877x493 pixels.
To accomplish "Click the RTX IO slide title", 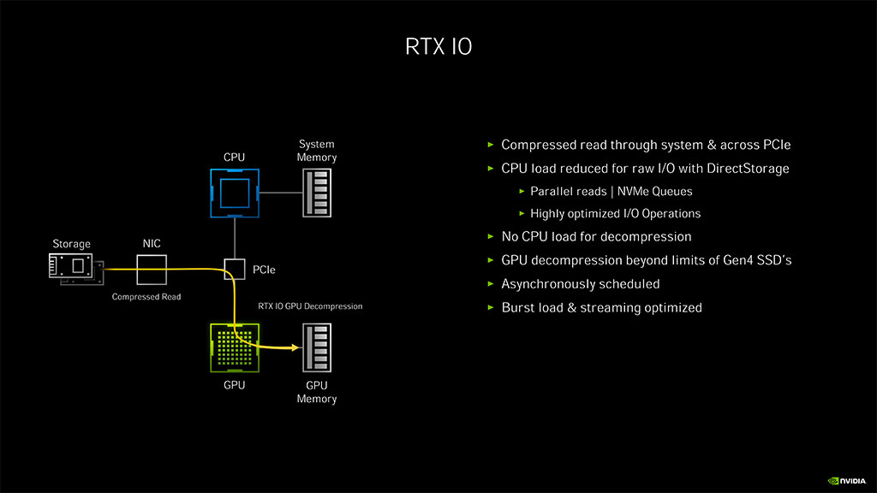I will pyautogui.click(x=438, y=46).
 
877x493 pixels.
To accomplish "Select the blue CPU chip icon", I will pyautogui.click(x=235, y=194).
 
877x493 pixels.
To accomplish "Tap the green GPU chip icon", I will pyautogui.click(x=235, y=348).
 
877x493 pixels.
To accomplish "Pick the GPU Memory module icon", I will pyautogui.click(x=317, y=348).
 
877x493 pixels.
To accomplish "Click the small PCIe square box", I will pyautogui.click(x=235, y=270).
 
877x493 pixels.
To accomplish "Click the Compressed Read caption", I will pyautogui.click(x=146, y=297).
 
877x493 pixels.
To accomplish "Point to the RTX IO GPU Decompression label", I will pyautogui.click(x=310, y=306).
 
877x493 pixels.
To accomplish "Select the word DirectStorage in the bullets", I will pyautogui.click(x=748, y=169).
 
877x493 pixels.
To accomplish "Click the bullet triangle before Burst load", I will pyautogui.click(x=491, y=307).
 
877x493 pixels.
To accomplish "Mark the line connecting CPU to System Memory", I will pyautogui.click(x=280, y=194).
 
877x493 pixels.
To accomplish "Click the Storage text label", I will pyautogui.click(x=71, y=245).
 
